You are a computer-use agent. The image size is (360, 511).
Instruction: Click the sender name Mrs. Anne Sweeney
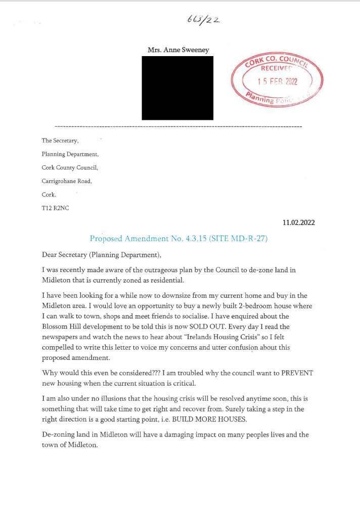178,50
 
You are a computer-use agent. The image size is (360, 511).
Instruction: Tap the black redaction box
177,88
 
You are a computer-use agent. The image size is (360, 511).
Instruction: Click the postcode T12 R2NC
55,208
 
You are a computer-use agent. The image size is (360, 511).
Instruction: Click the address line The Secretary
60,141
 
